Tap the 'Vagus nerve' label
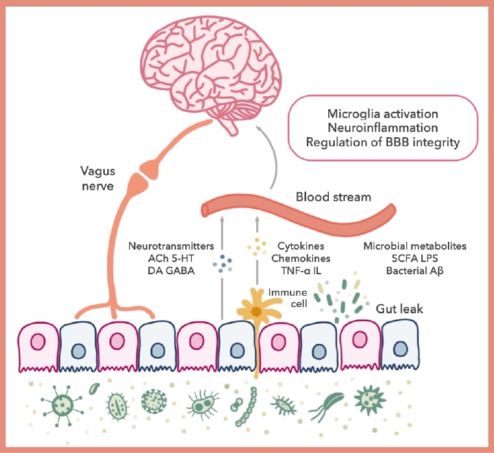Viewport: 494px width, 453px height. [97, 178]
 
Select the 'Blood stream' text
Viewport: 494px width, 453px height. [333, 197]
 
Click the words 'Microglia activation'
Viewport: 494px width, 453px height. [383, 114]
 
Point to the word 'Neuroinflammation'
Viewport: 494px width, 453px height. [383, 127]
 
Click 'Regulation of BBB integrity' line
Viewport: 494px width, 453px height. [383, 142]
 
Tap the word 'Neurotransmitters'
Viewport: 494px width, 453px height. [171, 246]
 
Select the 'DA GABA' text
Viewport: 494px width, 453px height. [171, 270]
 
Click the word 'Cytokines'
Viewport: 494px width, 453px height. [301, 246]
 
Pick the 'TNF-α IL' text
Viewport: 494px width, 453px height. [301, 270]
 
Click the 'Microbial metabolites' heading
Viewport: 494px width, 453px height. [415, 246]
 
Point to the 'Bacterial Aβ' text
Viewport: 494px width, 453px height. [415, 270]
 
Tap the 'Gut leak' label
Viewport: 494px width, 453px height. [400, 309]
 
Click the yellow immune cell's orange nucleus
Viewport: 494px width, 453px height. [257, 312]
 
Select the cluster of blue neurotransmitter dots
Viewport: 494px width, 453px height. [222, 263]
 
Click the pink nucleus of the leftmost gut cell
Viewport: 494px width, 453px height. [38, 342]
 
